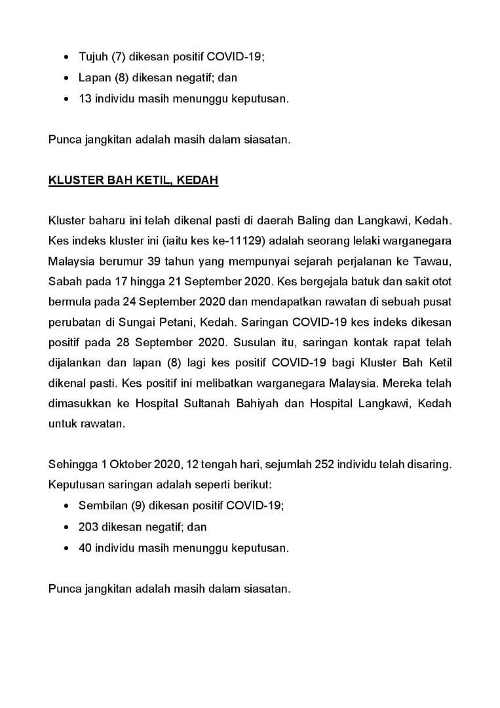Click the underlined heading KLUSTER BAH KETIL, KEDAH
[x=133, y=180]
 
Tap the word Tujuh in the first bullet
[x=92, y=57]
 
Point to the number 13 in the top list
[x=85, y=99]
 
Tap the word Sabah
[x=65, y=283]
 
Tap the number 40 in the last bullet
[x=85, y=547]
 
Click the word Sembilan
[x=100, y=505]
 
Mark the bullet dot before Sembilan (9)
[x=68, y=505]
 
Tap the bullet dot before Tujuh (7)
[x=68, y=57]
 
